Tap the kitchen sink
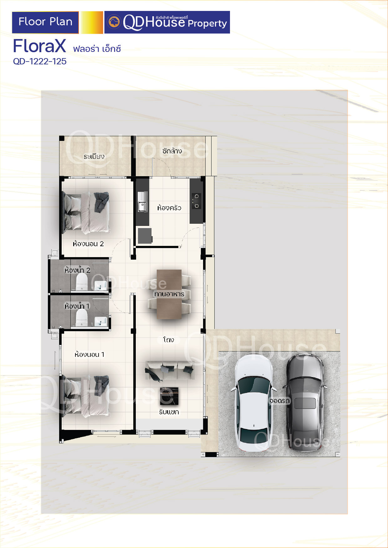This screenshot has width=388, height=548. coord(142,202)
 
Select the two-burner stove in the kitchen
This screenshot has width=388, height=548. coord(196,201)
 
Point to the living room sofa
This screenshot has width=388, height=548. coord(170,370)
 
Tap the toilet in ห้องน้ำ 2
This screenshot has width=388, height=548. coord(82,282)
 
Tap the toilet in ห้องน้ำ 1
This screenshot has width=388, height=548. coord(82,318)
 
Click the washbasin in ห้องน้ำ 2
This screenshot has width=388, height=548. coord(100,285)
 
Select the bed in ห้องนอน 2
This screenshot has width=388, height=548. coord(86,212)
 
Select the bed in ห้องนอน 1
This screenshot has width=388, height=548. coord(86,396)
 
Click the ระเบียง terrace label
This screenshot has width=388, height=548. coord(94,157)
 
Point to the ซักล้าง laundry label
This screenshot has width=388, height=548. coord(172,151)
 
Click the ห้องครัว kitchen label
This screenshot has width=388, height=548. coord(169,208)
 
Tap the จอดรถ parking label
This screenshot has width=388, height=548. coord(280,401)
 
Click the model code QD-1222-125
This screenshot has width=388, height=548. coord(40,61)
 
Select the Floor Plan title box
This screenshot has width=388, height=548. coord(45,22)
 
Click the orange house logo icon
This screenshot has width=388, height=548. coord(114,22)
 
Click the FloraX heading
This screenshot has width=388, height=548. coord(39,46)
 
